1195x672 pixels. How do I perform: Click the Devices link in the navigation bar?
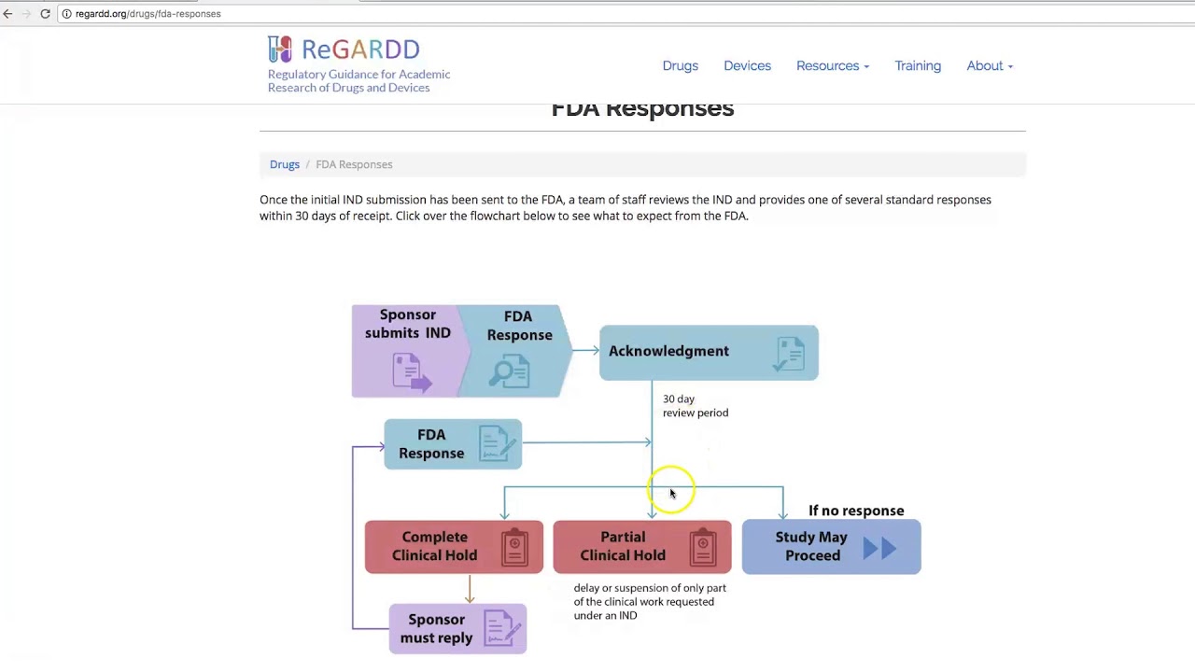pos(747,65)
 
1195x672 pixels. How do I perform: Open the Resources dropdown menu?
pos(832,65)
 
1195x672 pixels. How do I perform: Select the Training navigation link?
pos(918,65)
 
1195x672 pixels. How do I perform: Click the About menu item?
pos(990,65)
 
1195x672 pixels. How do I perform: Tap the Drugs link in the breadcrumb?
pos(285,164)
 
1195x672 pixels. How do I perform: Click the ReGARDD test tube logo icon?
pos(279,49)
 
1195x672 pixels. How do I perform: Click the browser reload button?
pos(46,14)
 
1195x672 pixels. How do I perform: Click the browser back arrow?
pos(7,14)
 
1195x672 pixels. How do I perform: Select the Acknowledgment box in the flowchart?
pos(709,353)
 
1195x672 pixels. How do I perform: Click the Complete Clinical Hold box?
pos(454,547)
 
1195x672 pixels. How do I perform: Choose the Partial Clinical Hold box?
pos(641,547)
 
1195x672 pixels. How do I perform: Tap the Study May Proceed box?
pos(831,547)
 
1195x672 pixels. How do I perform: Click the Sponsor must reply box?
pos(457,628)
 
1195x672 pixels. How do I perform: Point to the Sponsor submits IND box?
pos(408,351)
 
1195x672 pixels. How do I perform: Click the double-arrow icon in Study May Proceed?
pos(879,548)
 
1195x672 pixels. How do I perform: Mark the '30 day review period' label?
pos(696,406)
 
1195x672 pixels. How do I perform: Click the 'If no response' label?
pos(856,511)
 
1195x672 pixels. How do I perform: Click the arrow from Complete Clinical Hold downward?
pos(470,589)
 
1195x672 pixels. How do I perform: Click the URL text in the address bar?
pos(148,14)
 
